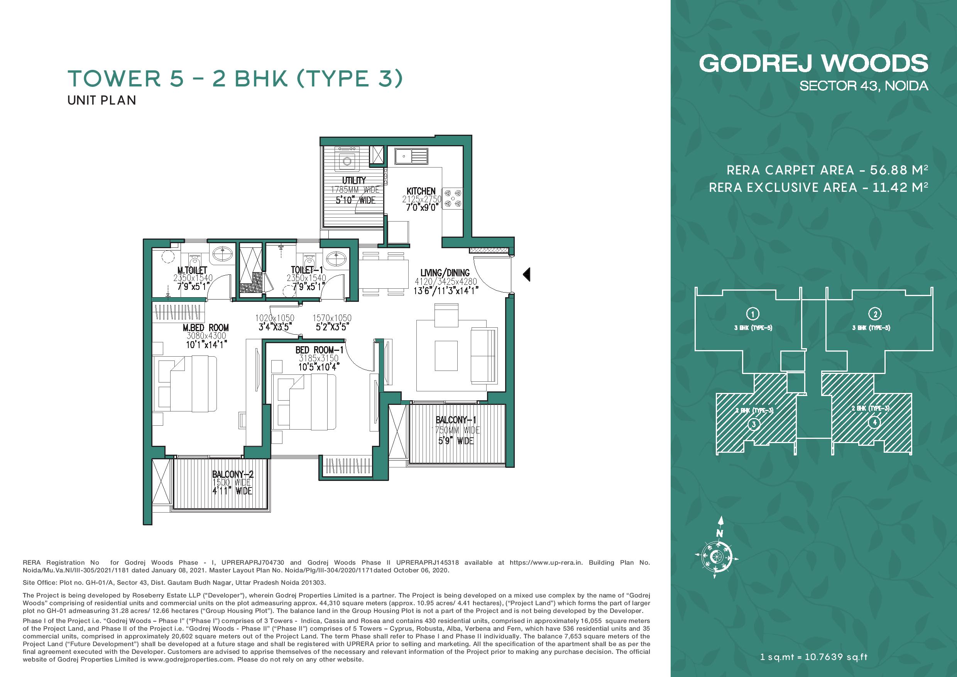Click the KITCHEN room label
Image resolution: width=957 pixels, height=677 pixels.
pyautogui.click(x=421, y=191)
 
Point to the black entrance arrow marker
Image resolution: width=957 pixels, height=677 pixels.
pyautogui.click(x=526, y=274)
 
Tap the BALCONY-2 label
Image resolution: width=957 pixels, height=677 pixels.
pyautogui.click(x=233, y=474)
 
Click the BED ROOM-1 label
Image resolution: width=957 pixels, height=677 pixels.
pyautogui.click(x=319, y=350)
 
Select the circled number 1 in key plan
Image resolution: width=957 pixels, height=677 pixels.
pyautogui.click(x=753, y=313)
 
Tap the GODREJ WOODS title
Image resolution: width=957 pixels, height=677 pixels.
pyautogui.click(x=813, y=64)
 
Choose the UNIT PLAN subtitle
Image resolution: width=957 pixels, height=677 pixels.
pyautogui.click(x=102, y=100)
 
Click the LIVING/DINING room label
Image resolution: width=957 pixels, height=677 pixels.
pyautogui.click(x=445, y=272)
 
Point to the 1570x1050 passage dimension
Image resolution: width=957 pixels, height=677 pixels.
pyautogui.click(x=332, y=318)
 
